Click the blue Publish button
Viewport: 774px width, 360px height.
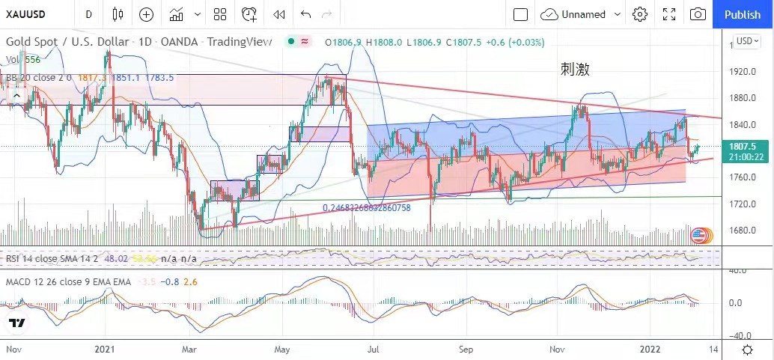[743, 14]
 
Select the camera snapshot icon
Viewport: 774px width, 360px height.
[698, 14]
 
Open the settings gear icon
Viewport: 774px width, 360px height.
[639, 14]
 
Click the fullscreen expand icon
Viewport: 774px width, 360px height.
[669, 14]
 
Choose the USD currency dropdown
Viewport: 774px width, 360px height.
[747, 40]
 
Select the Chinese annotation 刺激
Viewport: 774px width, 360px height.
[575, 70]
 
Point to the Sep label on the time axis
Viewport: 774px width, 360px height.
[466, 349]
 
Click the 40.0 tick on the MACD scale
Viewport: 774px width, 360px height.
[740, 270]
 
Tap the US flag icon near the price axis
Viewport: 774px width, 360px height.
[699, 235]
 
